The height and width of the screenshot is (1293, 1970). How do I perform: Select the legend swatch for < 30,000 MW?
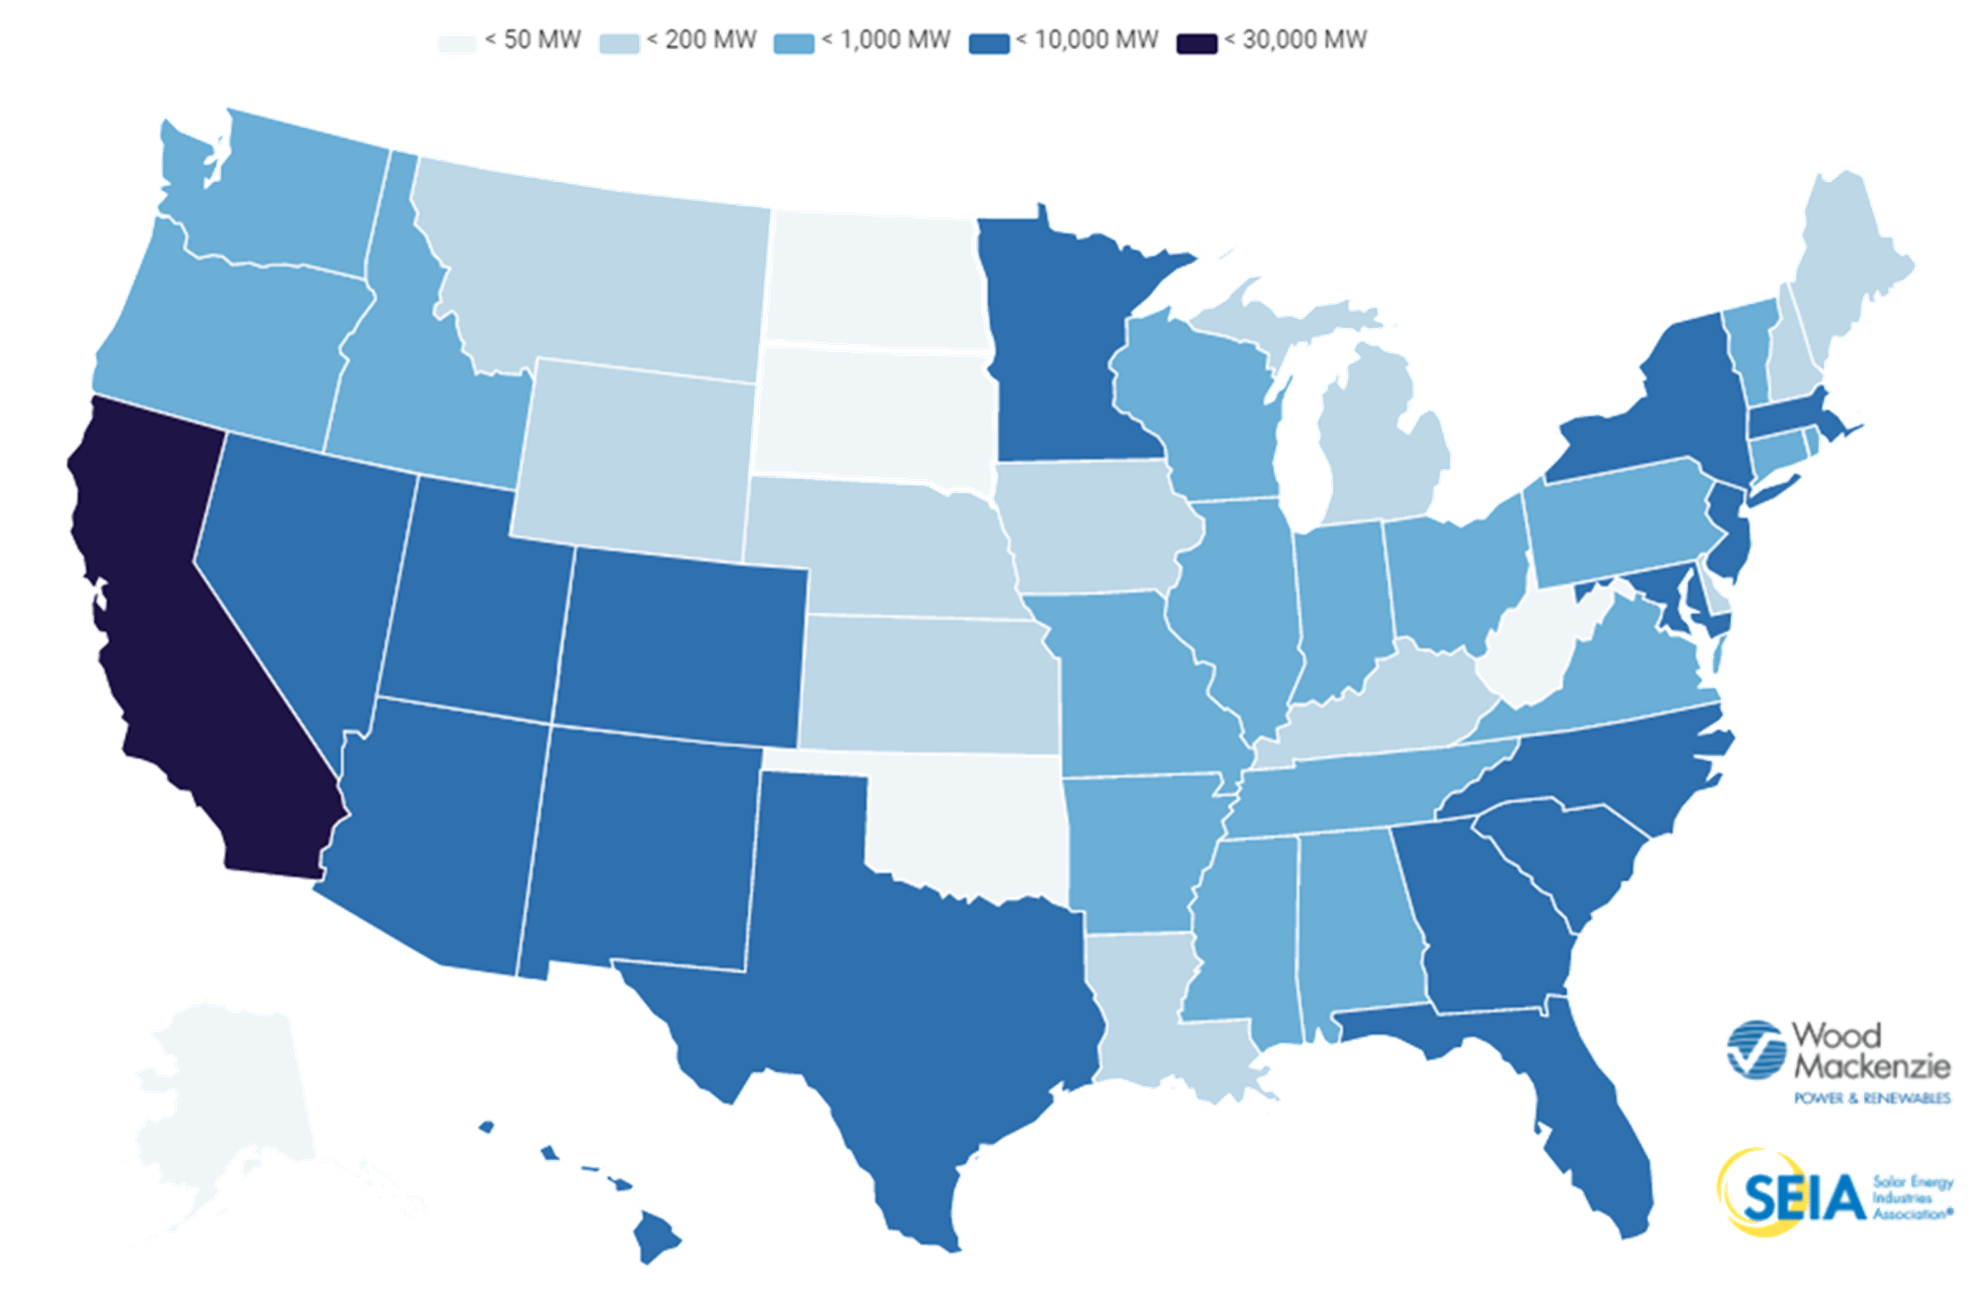click(x=1196, y=43)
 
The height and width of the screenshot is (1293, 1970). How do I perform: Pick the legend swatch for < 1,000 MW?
click(x=793, y=43)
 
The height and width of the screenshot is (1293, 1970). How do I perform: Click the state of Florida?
click(x=1572, y=1101)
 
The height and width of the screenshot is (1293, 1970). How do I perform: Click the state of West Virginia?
click(x=1531, y=654)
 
